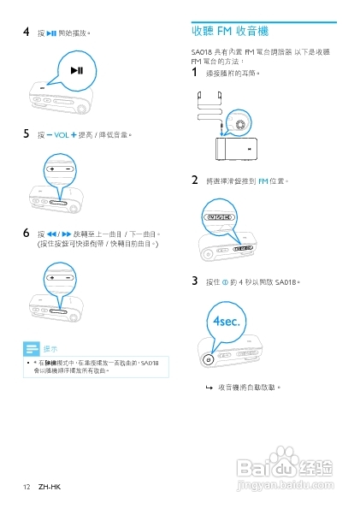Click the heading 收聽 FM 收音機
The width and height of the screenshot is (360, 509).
(x=230, y=32)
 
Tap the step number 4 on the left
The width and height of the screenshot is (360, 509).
(x=27, y=33)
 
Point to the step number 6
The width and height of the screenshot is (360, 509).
(x=27, y=233)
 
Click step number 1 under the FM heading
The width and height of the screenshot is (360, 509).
(x=196, y=74)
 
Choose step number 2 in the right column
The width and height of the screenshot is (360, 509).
(x=196, y=181)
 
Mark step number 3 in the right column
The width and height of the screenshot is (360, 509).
(x=196, y=280)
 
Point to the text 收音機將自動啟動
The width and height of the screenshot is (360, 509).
(x=249, y=387)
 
